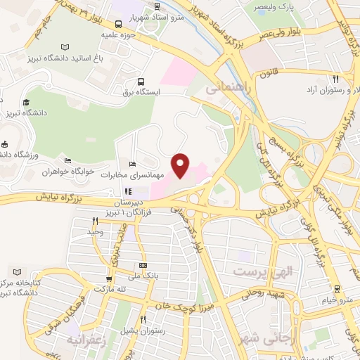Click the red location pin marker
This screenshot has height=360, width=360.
coord(181,165)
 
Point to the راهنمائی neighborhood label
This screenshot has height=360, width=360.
coord(225,89)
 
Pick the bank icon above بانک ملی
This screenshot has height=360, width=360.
coord(143,266)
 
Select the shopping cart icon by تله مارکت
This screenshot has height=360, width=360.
coord(109,278)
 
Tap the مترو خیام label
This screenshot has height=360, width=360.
coord(337,300)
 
